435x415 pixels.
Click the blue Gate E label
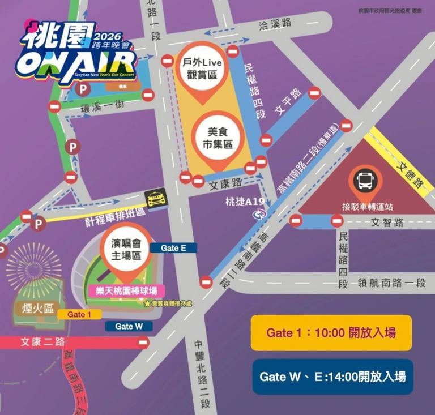point(173,248)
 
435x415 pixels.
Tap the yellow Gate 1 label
point(79,314)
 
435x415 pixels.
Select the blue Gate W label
point(129,326)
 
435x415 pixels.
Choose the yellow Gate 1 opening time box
point(331,332)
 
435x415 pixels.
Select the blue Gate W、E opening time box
point(332,377)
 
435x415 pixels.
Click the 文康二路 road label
point(43,342)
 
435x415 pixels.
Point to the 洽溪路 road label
point(275,24)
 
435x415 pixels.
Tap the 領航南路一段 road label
point(391,283)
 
